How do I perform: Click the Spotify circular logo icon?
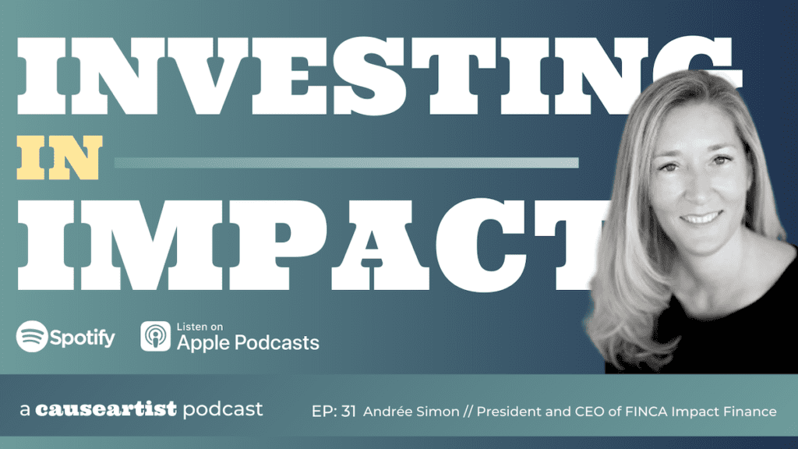[x=31, y=338]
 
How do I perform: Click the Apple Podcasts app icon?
[x=155, y=337]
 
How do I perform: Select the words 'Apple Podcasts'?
[x=248, y=342]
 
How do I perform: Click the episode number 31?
[x=349, y=411]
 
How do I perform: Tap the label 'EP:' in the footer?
[x=323, y=411]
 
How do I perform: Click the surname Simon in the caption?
[x=441, y=411]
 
